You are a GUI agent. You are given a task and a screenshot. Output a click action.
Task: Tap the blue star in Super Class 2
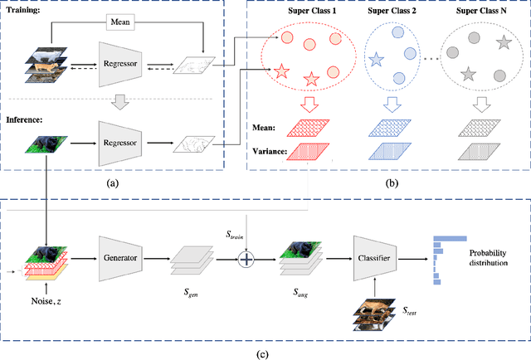coord(377,60)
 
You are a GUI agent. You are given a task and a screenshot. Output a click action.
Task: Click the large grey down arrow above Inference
coord(121,100)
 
